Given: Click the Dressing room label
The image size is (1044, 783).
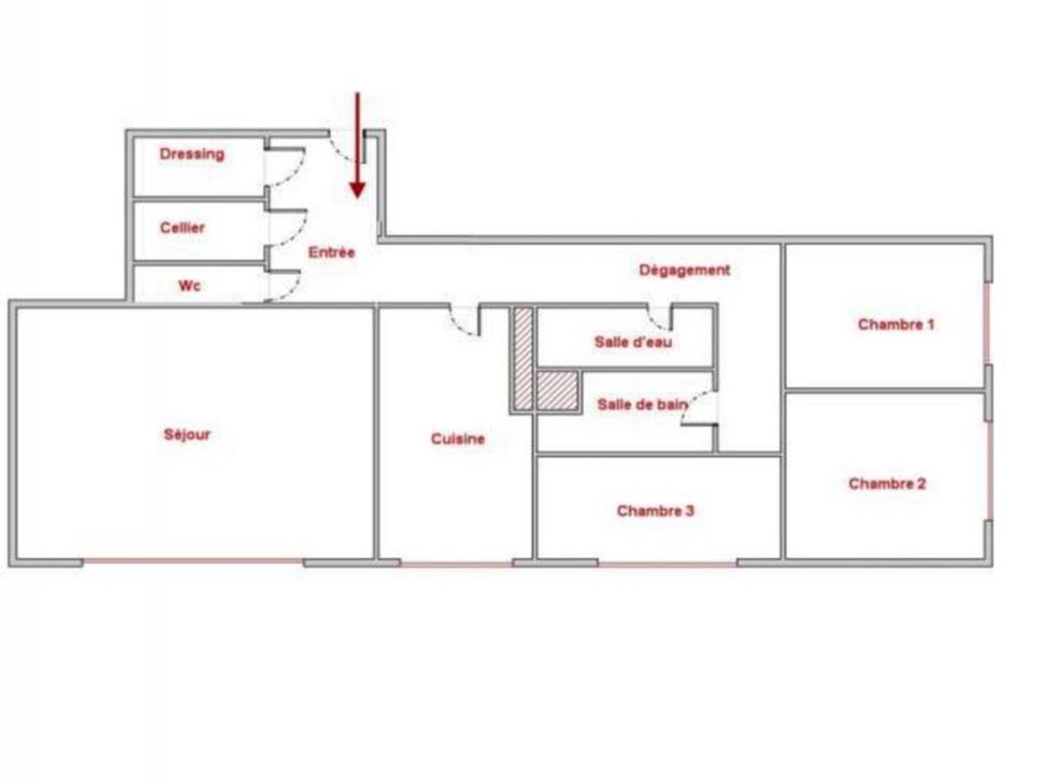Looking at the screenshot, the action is tap(192, 155).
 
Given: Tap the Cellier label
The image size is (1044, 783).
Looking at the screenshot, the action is tap(182, 227).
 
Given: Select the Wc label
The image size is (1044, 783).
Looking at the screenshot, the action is tap(189, 286).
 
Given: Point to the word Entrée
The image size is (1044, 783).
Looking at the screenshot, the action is tap(332, 253).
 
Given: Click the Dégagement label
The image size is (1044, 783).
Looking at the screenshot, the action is tap(685, 270).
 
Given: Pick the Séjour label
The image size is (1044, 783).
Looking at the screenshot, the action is tap(187, 435).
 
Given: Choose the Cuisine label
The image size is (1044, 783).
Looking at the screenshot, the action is tap(458, 438).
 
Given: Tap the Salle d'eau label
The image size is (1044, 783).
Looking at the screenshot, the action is tap(634, 342).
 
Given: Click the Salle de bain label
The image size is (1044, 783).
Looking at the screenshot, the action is tap(642, 404).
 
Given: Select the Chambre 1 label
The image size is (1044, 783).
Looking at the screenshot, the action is tap(896, 325).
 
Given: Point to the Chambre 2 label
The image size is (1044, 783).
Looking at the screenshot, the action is tap(887, 484).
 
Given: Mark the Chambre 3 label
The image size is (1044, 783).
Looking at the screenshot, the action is tap(655, 511).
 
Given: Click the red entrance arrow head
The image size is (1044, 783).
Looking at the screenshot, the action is tap(358, 190).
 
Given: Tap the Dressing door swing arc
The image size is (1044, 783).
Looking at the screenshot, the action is tap(297, 171).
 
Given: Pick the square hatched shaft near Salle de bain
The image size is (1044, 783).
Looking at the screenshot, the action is tap(556, 391).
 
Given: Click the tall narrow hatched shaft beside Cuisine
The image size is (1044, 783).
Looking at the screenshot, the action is tap(523, 358).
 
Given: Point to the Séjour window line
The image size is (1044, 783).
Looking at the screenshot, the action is tap(193, 562).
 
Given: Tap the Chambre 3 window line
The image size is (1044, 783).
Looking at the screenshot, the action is tap(667, 564).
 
